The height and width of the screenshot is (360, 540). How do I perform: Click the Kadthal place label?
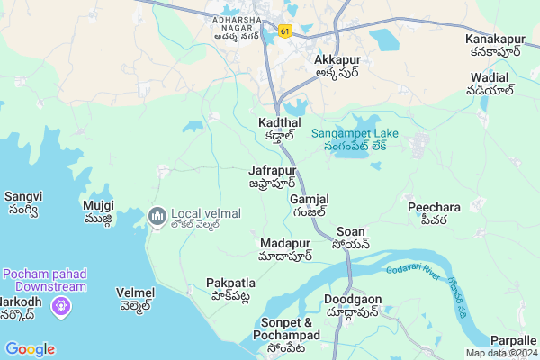click(278, 122)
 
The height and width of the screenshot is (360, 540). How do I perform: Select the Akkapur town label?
click(337, 60)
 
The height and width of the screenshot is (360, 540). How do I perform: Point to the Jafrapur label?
click(272, 170)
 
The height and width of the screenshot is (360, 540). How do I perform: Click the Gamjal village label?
click(310, 199)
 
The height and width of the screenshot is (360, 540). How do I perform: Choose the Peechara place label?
click(434, 207)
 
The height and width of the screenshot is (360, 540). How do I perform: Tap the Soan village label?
click(350, 232)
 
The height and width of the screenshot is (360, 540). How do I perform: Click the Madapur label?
click(285, 244)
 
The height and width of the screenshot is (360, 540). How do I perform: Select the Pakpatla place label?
click(230, 283)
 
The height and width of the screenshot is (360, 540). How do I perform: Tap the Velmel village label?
click(136, 293)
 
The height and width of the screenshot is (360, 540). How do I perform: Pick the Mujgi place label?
click(98, 205)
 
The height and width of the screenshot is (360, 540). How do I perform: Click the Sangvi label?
click(22, 196)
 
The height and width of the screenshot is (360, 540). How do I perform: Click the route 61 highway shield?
click(285, 31)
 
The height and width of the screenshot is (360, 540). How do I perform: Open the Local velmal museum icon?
click(157, 216)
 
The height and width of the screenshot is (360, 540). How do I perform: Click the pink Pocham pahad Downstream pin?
click(62, 307)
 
